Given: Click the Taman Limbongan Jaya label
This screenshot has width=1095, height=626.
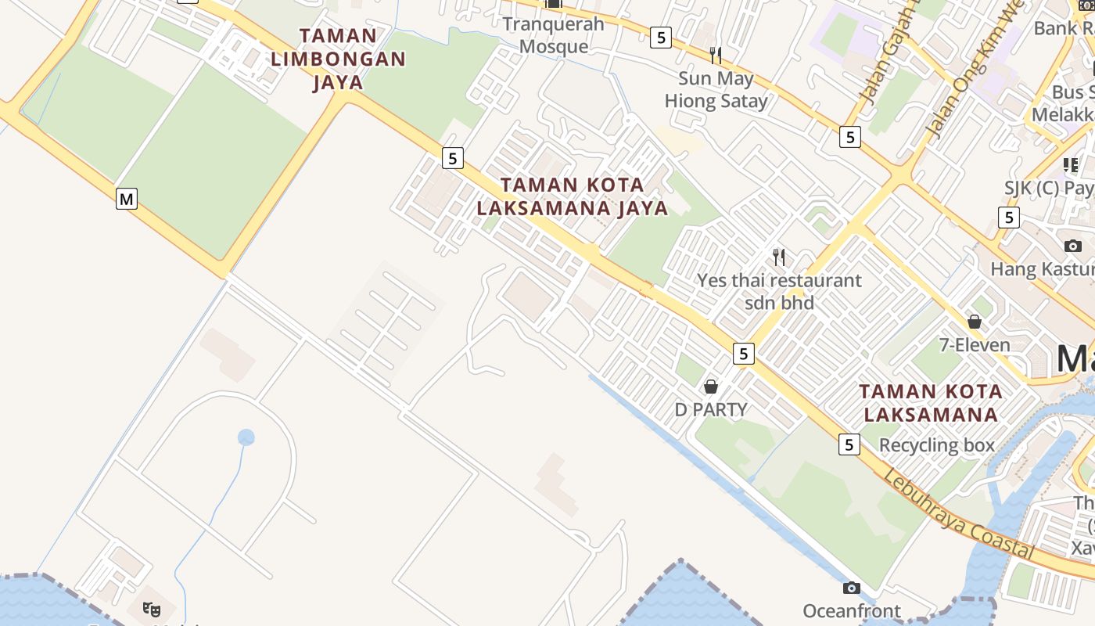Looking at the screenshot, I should pyautogui.click(x=338, y=59).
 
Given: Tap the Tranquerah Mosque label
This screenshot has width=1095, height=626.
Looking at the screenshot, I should pyautogui.click(x=553, y=35).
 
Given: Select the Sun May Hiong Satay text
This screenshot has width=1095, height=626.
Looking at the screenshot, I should pyautogui.click(x=716, y=90).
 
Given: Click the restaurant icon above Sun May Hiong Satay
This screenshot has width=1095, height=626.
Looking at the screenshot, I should pyautogui.click(x=716, y=55).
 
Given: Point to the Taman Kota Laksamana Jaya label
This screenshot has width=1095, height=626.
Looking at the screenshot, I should pyautogui.click(x=573, y=196).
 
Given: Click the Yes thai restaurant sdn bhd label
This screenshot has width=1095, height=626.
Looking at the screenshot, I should pyautogui.click(x=779, y=291).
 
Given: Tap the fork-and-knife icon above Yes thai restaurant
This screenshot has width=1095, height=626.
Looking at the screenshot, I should pyautogui.click(x=779, y=257).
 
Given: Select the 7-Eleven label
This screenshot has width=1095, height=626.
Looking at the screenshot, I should pyautogui.click(x=975, y=345).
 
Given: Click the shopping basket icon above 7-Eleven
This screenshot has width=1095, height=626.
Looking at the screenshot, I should pyautogui.click(x=975, y=321).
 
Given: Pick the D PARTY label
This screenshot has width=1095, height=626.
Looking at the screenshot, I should pyautogui.click(x=711, y=409).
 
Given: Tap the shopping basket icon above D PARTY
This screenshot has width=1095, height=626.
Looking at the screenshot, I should pyautogui.click(x=711, y=386).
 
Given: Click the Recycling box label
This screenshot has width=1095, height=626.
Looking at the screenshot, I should pyautogui.click(x=937, y=445).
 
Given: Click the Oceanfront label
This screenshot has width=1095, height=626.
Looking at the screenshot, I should pyautogui.click(x=852, y=611).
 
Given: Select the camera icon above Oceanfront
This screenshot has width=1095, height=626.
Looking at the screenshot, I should pyautogui.click(x=852, y=588).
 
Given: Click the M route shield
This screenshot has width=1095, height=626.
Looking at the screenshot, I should pyautogui.click(x=127, y=199).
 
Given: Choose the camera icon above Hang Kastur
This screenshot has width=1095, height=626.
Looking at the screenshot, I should pyautogui.click(x=1073, y=246).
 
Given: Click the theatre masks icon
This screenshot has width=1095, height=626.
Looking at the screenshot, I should pyautogui.click(x=152, y=608).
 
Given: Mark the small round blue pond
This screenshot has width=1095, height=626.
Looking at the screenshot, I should pyautogui.click(x=246, y=437).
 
